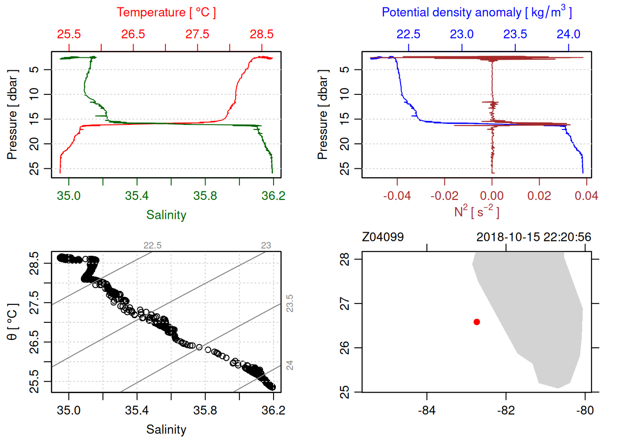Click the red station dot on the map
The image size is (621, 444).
click(477, 322)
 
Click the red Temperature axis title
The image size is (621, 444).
click(166, 12)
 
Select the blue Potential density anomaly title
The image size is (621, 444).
click(476, 12)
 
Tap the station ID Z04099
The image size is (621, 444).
click(383, 237)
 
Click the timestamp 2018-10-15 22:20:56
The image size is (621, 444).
click(534, 237)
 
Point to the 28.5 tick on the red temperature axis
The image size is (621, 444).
click(262, 34)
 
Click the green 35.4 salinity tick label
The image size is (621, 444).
click(137, 196)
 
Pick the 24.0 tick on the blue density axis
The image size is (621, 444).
click(568, 34)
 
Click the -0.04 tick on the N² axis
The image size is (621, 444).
click(397, 196)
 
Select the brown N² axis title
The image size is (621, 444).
click(476, 211)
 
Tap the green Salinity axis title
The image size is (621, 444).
click(166, 215)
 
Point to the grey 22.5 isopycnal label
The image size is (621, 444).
click(152, 245)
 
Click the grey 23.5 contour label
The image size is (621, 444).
click(290, 303)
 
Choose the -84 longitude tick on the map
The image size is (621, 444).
click(426, 410)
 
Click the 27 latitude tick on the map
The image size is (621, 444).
click(345, 304)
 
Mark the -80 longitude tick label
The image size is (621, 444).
click(585, 410)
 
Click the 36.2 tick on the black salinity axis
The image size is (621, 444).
click(274, 410)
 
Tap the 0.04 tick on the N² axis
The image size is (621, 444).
click(586, 196)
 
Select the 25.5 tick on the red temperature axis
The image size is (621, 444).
click(69, 34)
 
